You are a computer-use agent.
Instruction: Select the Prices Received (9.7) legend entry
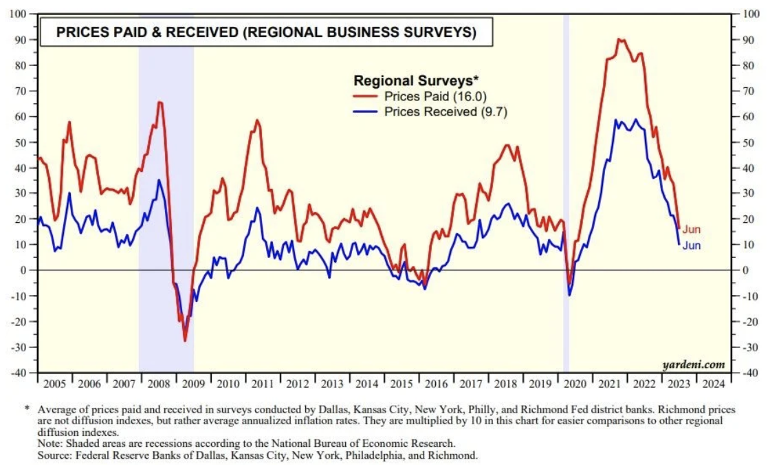(445, 111)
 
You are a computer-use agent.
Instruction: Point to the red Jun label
(691, 230)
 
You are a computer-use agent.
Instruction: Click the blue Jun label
(691, 246)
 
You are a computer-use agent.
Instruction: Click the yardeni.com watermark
(693, 364)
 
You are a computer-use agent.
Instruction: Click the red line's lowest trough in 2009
(185, 340)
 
